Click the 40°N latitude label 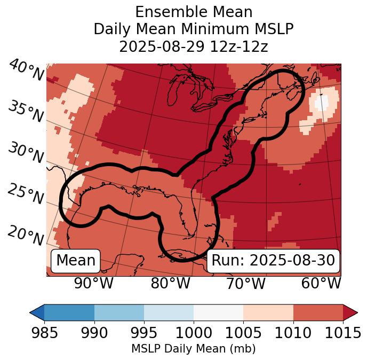coord(26,71)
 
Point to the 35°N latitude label coord(26,112)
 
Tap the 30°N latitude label coord(26,154)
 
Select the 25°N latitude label coord(26,194)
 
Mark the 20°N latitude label coord(26,235)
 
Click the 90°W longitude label coord(93,283)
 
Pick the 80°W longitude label coord(170,283)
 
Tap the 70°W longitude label coord(245,283)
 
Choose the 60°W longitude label coord(321,283)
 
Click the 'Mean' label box coord(76,261)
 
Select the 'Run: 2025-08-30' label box coord(273,261)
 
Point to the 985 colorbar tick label coord(44,333)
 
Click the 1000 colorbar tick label coord(194,333)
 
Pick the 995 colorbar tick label coord(144,333)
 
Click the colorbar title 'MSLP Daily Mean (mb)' coord(193,349)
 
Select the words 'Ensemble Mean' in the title coord(194,12)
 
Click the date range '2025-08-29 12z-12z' coord(194,47)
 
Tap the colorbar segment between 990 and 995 coord(119,312)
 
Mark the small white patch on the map coord(322,101)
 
